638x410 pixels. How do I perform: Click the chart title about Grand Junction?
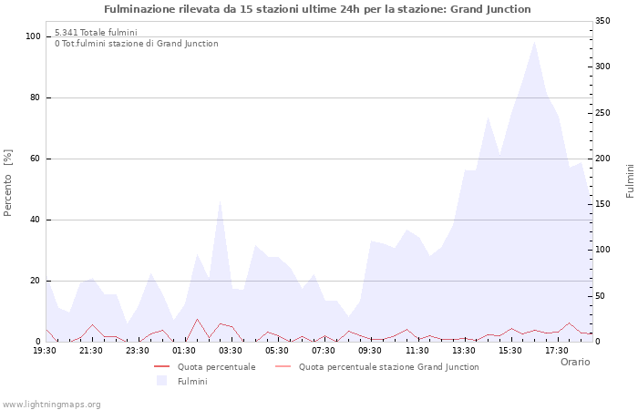click(317, 9)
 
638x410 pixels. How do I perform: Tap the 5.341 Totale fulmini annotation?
click(96, 32)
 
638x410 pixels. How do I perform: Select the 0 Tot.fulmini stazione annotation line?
click(136, 43)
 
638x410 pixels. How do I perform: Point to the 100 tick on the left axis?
click(33, 36)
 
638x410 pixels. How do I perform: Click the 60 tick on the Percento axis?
click(36, 159)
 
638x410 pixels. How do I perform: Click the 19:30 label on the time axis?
click(45, 350)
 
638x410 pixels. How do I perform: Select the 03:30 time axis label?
click(231, 350)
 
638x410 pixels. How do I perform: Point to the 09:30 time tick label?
click(370, 350)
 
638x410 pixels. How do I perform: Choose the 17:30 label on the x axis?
click(557, 350)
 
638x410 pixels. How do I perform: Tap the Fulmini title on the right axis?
click(630, 181)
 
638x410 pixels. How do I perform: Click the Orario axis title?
click(574, 362)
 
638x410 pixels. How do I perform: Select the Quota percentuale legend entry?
click(216, 367)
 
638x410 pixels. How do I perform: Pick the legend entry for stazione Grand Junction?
click(388, 367)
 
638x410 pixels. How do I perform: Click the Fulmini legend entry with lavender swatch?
click(192, 381)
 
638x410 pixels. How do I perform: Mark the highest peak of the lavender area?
click(534, 41)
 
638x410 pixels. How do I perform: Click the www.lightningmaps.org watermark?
click(51, 404)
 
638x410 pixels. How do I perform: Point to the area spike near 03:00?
click(220, 202)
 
